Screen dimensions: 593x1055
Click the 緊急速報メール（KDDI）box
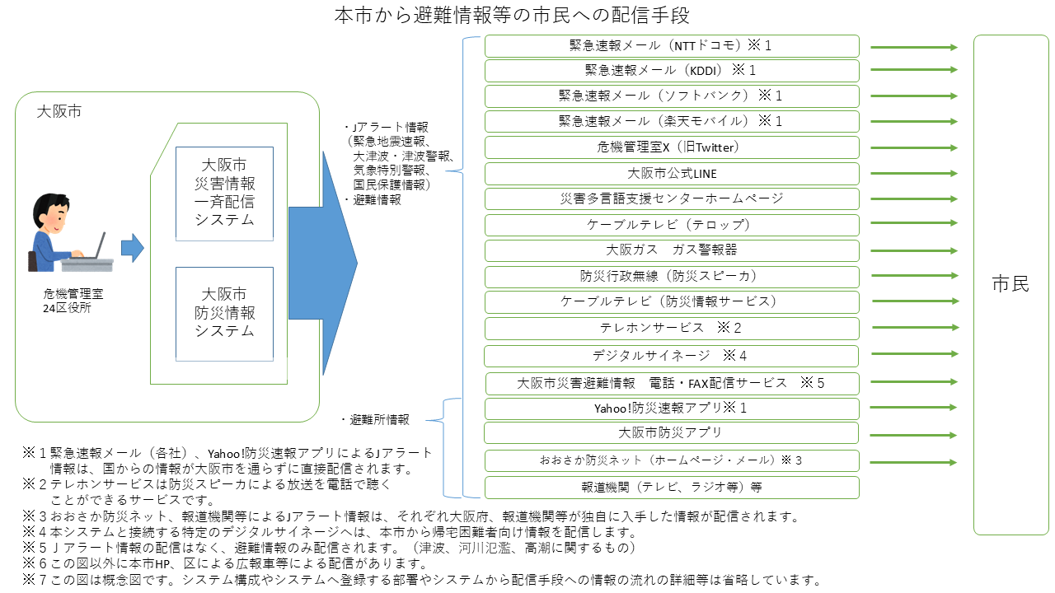[671, 71]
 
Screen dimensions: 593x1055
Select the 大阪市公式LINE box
[671, 174]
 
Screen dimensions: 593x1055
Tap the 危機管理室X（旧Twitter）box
[671, 147]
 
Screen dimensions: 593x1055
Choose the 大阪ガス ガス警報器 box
[671, 250]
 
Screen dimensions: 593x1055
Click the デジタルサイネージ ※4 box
[671, 356]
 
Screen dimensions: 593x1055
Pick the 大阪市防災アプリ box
[671, 433]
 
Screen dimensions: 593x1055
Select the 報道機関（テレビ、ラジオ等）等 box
[671, 487]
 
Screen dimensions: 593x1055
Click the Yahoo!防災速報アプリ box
[671, 409]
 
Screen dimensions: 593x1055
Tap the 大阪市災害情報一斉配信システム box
[224, 194]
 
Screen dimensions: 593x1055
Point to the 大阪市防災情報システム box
[224, 313]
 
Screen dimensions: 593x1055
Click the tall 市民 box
[1010, 285]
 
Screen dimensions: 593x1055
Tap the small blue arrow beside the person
[132, 247]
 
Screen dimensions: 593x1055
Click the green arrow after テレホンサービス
[914, 328]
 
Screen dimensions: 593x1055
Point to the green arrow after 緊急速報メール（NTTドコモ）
[914, 47]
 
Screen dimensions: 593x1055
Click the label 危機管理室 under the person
[73, 293]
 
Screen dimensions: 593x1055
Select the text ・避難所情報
[375, 420]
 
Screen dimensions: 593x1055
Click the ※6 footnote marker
[35, 564]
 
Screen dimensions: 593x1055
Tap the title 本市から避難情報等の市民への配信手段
[512, 15]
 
